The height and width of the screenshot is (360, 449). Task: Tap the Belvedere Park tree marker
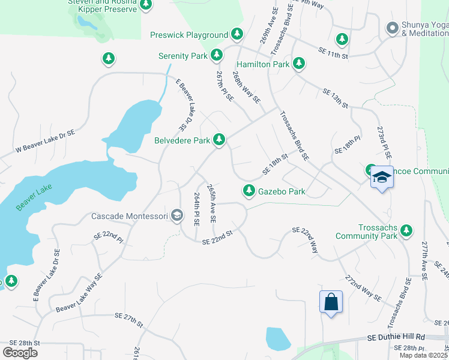tap(220, 140)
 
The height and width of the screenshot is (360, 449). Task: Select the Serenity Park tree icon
tap(217, 56)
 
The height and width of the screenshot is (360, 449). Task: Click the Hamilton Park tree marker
tap(299, 64)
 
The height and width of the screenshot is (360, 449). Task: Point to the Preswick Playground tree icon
tap(238, 35)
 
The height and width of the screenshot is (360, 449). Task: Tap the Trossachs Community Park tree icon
tap(407, 230)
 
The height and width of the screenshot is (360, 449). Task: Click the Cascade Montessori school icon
tap(176, 215)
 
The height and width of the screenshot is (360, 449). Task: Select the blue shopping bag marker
tap(331, 302)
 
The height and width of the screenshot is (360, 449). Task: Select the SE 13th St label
tap(335, 98)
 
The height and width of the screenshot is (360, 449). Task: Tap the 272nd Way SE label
tap(363, 289)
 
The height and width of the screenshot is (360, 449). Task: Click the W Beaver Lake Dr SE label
tap(46, 140)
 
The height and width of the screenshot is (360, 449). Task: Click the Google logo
tap(20, 352)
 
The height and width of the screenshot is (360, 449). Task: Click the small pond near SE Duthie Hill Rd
tap(277, 339)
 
